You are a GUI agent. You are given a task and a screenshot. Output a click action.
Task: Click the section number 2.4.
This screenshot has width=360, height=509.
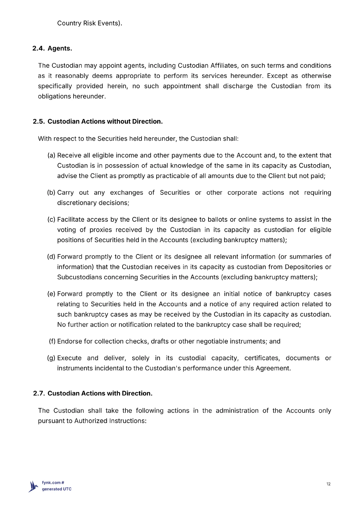[39, 48]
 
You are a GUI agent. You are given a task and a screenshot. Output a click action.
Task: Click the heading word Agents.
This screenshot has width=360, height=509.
[60, 48]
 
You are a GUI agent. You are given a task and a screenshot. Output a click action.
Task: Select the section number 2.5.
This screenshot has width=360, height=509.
[39, 122]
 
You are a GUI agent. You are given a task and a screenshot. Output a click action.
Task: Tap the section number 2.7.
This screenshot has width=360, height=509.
[39, 394]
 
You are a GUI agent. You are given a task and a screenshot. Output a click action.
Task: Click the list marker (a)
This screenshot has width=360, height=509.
[51, 156]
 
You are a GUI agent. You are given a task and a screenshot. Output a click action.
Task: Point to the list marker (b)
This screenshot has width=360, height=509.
[51, 193]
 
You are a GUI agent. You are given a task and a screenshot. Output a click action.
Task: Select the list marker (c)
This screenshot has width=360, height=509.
[51, 220]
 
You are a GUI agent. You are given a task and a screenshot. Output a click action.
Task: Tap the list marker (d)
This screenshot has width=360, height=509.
[51, 257]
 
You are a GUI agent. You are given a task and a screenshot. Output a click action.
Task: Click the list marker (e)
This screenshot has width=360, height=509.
[51, 294]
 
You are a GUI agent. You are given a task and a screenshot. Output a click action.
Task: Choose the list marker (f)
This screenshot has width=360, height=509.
[52, 341]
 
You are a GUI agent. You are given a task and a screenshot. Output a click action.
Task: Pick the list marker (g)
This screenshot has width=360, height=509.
[51, 358]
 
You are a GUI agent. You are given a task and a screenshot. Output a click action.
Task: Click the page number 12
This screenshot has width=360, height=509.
[328, 484]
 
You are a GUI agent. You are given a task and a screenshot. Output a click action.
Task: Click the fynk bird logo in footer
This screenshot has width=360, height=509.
[33, 486]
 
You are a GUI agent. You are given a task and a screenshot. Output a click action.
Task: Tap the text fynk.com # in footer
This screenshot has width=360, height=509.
[53, 483]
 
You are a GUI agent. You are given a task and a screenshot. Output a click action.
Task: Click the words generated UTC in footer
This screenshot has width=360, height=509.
[57, 489]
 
